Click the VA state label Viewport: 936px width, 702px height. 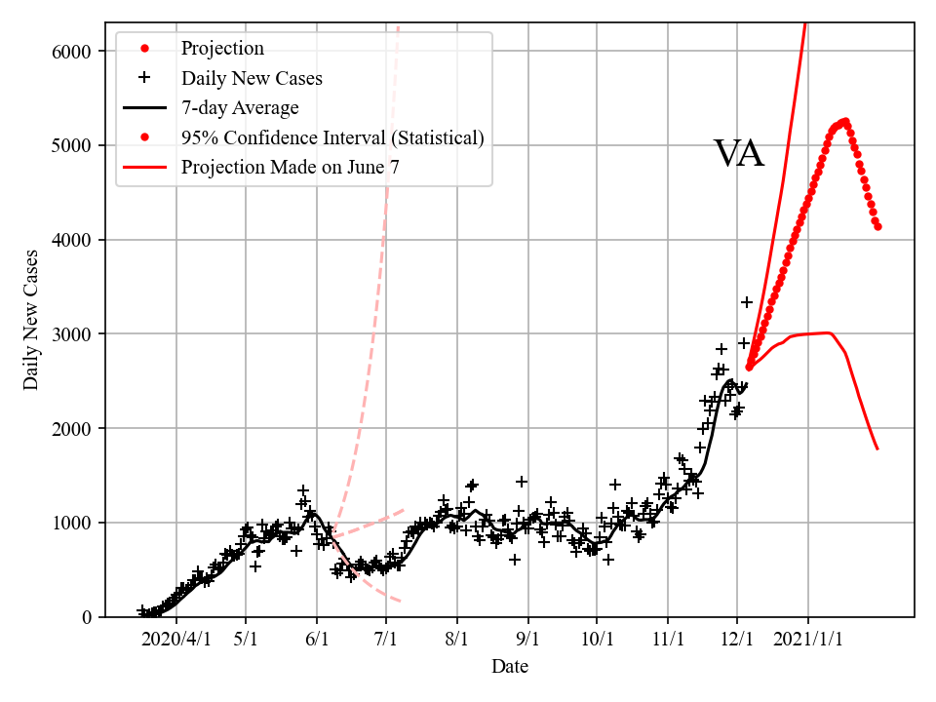tap(738, 154)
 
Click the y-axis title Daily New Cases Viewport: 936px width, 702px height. tap(31, 320)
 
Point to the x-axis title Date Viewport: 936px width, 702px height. tap(510, 666)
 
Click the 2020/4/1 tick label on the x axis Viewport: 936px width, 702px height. tap(175, 640)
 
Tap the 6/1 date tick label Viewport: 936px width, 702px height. tap(317, 640)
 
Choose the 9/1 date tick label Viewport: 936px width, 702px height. tap(528, 640)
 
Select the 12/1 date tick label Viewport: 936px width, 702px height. tap(737, 640)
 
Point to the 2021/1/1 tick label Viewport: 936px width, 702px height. tap(808, 640)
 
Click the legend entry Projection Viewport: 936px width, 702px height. tap(222, 48)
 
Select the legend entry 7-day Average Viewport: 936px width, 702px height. tap(240, 107)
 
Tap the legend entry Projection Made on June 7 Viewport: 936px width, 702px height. tap(291, 167)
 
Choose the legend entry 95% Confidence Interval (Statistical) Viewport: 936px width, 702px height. tap(332, 137)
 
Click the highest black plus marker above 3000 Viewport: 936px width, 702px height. tap(747, 302)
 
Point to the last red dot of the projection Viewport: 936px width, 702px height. tap(877, 226)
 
